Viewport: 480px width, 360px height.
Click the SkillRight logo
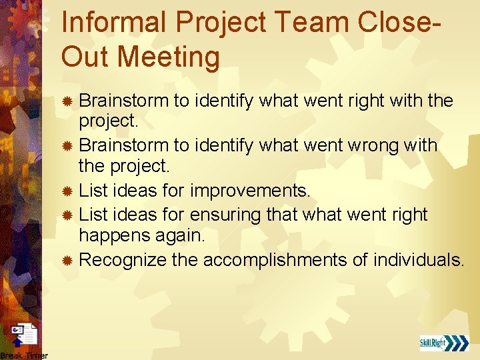pos(443,343)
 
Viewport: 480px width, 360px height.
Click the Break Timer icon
pos(25,336)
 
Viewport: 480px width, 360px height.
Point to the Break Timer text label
pos(24,355)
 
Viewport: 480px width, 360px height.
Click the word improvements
pos(250,191)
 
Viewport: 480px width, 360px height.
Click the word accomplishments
pos(275,259)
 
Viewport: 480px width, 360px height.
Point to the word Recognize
pos(123,259)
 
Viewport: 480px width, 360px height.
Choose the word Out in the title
pos(83,57)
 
